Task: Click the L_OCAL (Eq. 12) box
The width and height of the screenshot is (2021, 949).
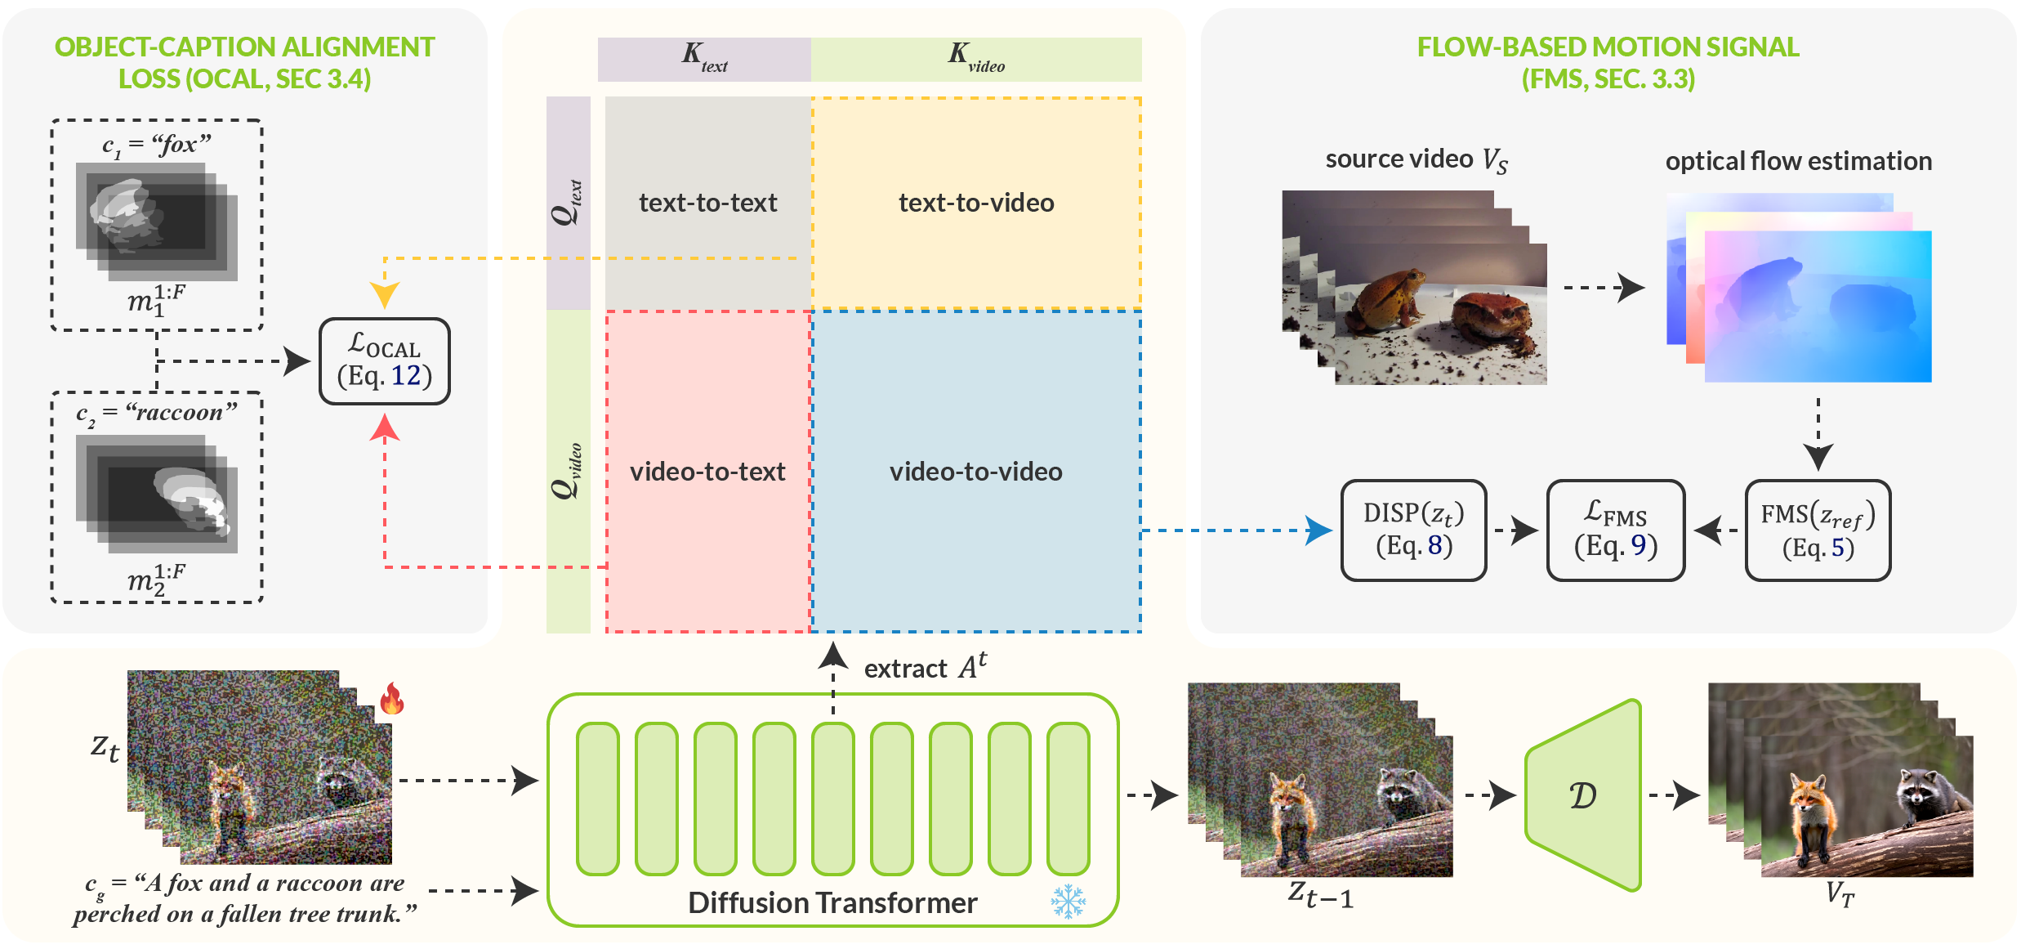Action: tap(384, 360)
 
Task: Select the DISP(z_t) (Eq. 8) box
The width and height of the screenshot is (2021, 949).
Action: tap(1413, 530)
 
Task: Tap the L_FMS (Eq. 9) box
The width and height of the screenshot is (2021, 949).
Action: tap(1615, 530)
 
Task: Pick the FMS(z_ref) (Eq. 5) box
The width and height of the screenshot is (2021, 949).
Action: tap(1817, 530)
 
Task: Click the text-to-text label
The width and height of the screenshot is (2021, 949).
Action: tap(707, 203)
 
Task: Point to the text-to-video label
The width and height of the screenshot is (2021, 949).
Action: tap(976, 203)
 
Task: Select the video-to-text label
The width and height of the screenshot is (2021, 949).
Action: tap(707, 472)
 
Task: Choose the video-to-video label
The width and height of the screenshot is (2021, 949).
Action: tap(976, 472)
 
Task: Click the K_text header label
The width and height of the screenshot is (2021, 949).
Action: tap(704, 57)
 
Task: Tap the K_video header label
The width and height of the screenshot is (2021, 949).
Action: tap(976, 57)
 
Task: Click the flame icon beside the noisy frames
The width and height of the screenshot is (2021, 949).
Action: tap(392, 699)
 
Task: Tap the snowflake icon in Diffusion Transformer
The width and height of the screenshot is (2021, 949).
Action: tap(1068, 901)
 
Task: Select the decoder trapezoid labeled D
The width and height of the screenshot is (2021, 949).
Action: tap(1583, 795)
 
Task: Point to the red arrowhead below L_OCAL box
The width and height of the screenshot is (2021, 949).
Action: tap(384, 427)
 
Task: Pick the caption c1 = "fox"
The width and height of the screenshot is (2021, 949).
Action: tap(156, 145)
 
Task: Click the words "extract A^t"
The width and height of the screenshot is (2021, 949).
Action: tap(925, 667)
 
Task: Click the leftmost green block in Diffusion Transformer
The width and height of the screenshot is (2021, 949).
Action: tap(597, 798)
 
